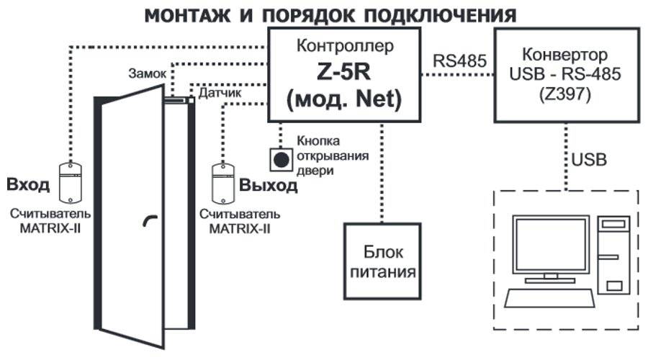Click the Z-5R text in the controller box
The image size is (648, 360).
(x=343, y=73)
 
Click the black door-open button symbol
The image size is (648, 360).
(x=281, y=158)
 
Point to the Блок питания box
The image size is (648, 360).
(x=382, y=262)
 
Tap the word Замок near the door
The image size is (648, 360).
(x=148, y=73)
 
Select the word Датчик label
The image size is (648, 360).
(x=220, y=94)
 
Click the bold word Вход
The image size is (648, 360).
(x=28, y=185)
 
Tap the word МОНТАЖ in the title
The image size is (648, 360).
(x=188, y=15)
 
